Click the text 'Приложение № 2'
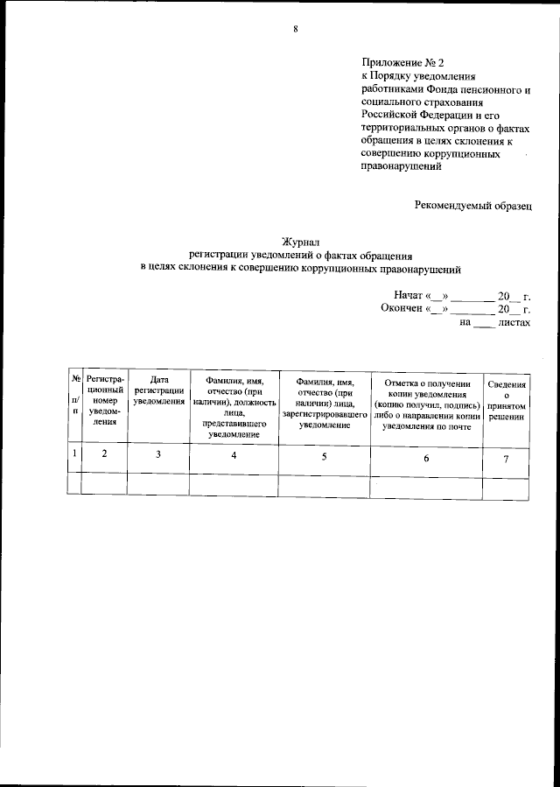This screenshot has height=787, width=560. pos(403,63)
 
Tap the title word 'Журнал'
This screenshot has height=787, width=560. pos(299,241)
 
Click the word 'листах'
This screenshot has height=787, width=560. pos(514,322)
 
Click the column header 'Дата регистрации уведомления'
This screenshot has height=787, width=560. pos(158,390)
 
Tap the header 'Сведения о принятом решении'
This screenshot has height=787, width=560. pos(507,400)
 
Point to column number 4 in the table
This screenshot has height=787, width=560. pos(234,455)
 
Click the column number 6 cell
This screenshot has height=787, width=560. pos(427,458)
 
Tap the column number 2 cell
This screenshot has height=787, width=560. pos(105,453)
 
